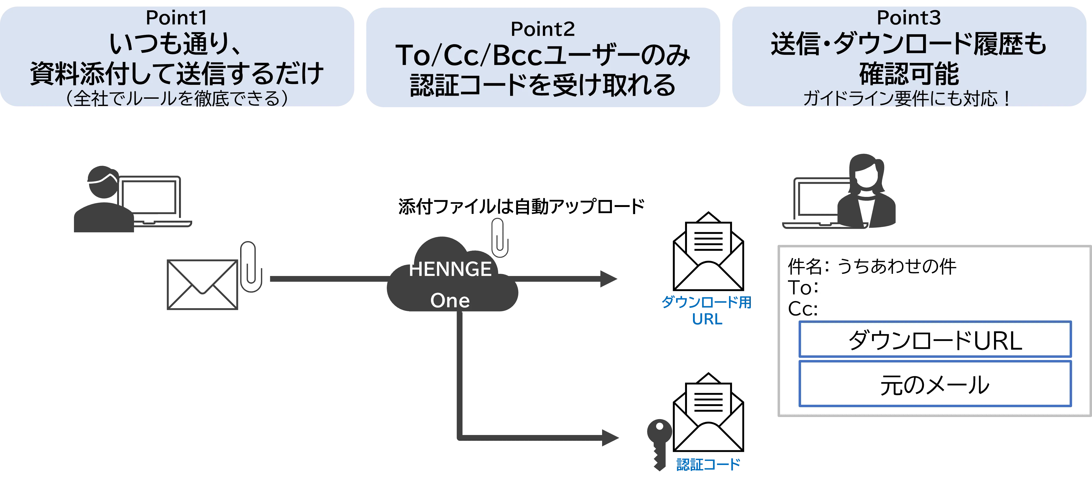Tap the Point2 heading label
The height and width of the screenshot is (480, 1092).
(x=543, y=29)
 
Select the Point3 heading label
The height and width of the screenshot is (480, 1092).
(x=908, y=18)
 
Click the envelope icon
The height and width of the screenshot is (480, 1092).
(x=203, y=285)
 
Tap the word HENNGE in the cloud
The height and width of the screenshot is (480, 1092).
(x=450, y=269)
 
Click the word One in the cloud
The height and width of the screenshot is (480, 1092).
(x=450, y=300)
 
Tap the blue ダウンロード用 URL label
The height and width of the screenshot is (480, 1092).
(x=707, y=311)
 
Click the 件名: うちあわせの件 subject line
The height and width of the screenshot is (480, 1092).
(x=871, y=266)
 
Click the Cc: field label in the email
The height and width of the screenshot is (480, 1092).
(x=802, y=309)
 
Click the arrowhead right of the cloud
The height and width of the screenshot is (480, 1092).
(x=608, y=279)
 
